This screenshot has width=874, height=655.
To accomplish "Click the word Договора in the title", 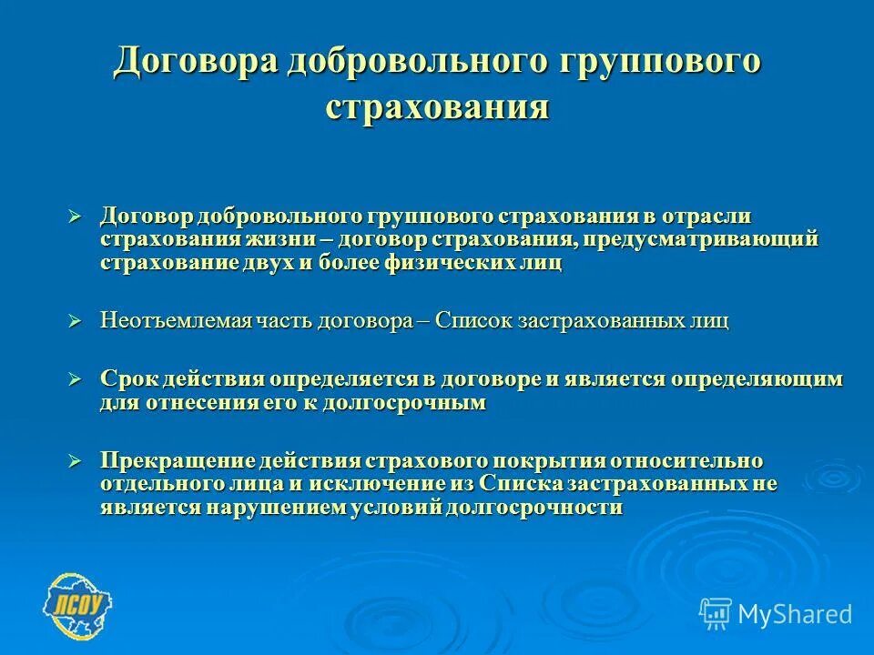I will coord(194,63).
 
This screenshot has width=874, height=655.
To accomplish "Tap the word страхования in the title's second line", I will coord(437,107).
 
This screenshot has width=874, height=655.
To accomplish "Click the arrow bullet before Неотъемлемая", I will coord(76,321).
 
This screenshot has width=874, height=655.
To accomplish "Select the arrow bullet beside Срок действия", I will coord(76,378).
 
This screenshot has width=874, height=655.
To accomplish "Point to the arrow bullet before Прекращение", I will coord(76,460).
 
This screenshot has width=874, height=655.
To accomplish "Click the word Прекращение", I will coord(177,460).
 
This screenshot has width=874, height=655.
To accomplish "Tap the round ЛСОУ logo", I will coord(79,604).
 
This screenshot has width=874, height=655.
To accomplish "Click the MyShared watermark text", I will coord(794,614).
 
